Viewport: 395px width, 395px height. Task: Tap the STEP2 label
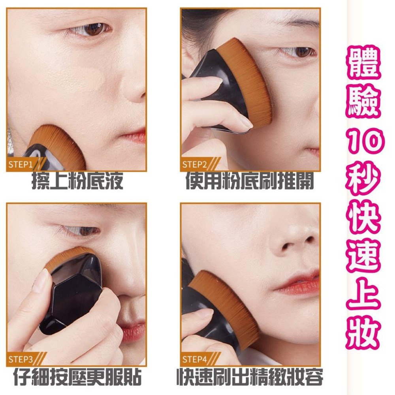194,164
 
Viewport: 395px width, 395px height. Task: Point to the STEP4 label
194,359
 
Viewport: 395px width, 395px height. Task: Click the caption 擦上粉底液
77,182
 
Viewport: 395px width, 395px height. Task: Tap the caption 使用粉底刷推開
250,182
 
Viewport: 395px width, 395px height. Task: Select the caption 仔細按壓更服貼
77,377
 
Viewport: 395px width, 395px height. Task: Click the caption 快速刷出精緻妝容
250,377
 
